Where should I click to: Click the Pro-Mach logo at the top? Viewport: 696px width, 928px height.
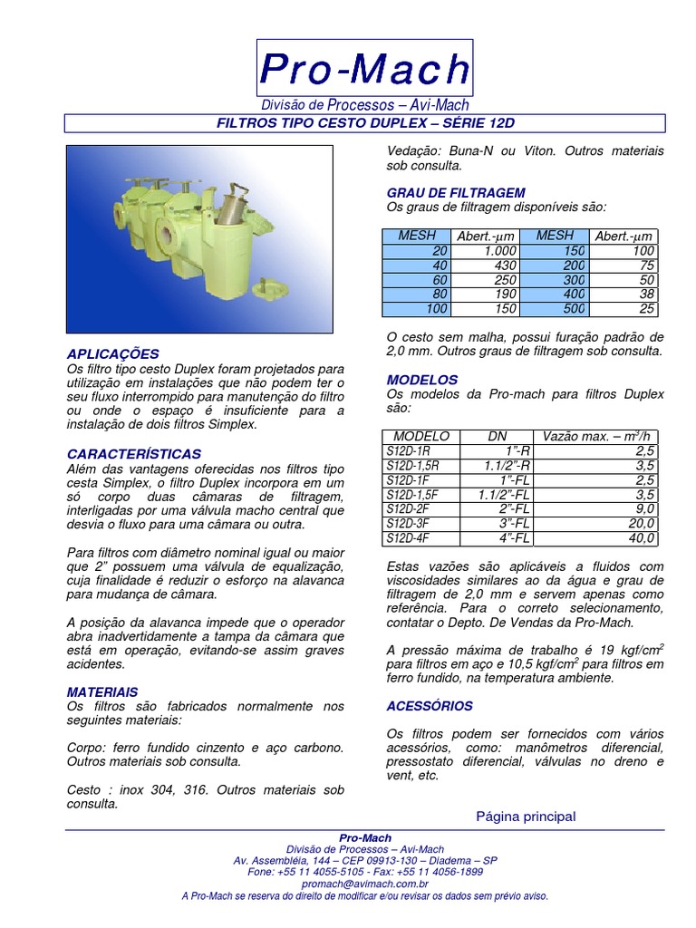coord(364,70)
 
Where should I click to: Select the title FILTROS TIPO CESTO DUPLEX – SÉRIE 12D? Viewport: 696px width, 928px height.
coord(364,123)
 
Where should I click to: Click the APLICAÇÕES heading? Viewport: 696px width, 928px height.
coord(113,353)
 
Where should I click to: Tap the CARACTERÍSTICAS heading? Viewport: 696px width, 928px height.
coord(134,453)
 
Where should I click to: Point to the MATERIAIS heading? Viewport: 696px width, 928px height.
coord(102,691)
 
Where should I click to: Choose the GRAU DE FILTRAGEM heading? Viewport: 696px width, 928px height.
coord(456,193)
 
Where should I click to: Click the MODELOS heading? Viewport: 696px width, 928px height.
coord(422,380)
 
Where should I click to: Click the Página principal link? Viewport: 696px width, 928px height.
coord(526,817)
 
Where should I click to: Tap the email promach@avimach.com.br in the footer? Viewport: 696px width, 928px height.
coord(364,884)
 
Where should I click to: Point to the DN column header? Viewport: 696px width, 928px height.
coord(498,437)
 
